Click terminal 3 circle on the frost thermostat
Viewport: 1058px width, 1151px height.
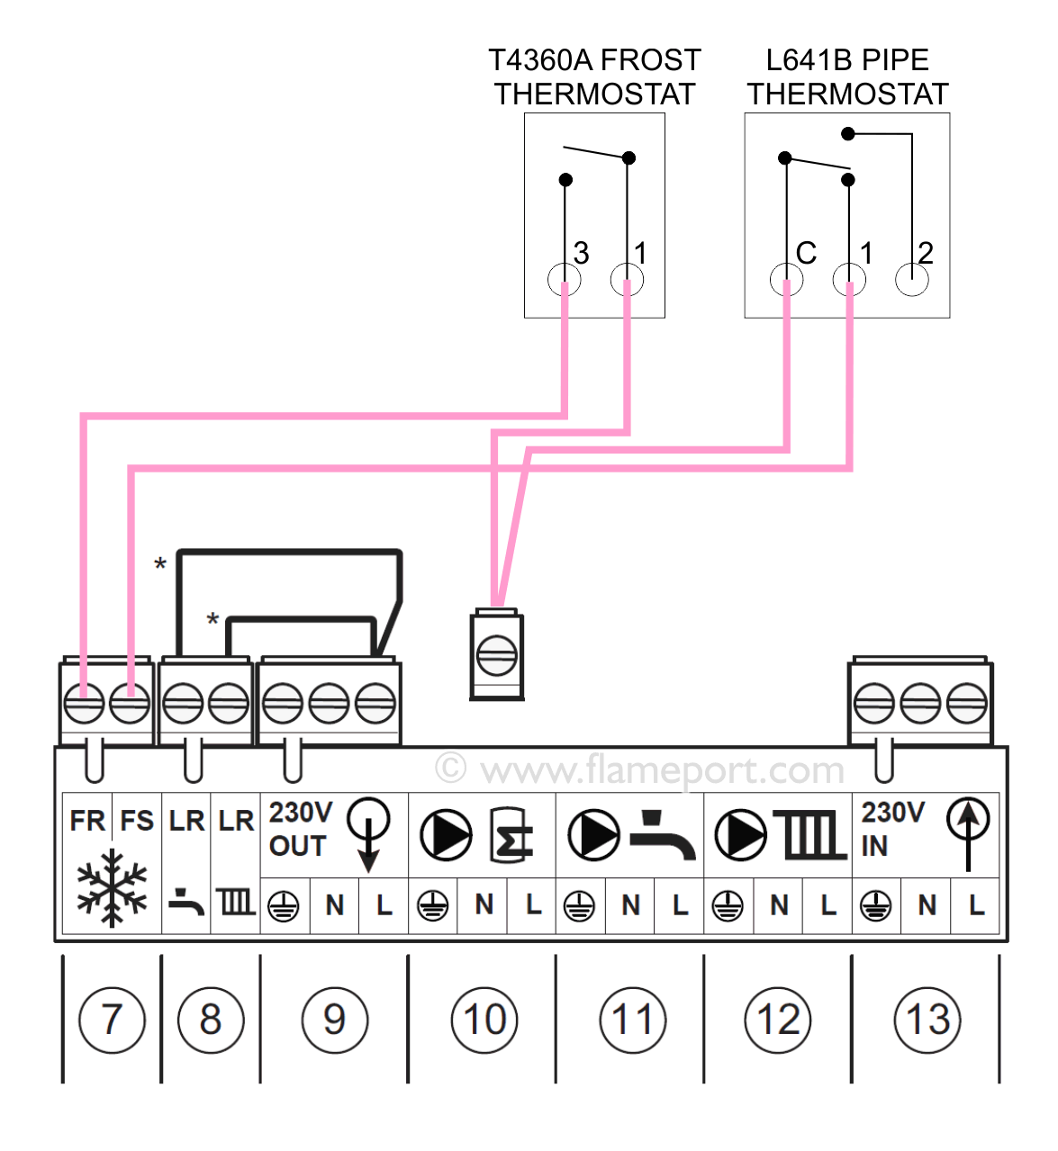point(565,280)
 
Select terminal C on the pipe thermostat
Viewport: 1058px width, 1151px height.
point(786,280)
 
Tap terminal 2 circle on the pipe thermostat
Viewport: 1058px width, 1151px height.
point(911,280)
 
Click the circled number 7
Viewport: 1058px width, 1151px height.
point(112,1020)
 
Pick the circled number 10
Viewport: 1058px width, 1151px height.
point(484,1020)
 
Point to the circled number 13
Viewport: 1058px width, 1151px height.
point(927,1020)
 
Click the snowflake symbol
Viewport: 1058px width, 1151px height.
point(112,886)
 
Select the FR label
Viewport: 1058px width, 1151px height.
point(87,821)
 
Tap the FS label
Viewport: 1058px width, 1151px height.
point(137,821)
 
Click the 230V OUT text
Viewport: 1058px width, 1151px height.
point(300,829)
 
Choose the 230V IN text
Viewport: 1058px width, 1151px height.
point(891,829)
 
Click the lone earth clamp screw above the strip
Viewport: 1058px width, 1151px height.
point(496,654)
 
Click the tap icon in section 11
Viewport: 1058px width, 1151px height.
point(663,836)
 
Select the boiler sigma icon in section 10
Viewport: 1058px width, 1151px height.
point(511,836)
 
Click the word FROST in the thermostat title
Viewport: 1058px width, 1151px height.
point(650,60)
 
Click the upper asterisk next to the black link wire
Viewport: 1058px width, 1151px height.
point(160,565)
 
